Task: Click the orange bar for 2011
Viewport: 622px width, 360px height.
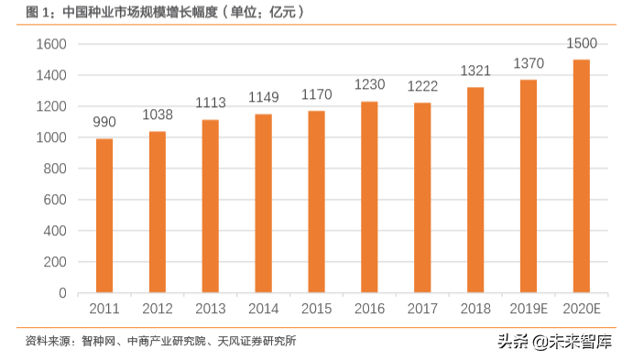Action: (x=104, y=216)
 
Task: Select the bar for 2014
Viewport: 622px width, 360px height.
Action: (x=264, y=203)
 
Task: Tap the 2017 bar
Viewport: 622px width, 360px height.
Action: (x=422, y=198)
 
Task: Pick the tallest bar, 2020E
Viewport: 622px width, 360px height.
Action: (x=582, y=176)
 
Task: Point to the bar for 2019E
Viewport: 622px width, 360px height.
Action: (x=529, y=186)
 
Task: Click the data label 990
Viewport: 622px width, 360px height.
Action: (x=104, y=124)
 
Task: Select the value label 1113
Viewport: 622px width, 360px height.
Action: (x=211, y=104)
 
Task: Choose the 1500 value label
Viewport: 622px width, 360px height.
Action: (x=582, y=44)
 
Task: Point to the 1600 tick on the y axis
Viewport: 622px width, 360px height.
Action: (x=51, y=44)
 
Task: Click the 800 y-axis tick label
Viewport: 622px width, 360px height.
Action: (x=55, y=169)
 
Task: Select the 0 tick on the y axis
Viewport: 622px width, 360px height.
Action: (x=62, y=293)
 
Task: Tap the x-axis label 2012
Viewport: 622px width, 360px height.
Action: (x=158, y=309)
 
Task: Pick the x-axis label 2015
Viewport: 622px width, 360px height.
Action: (x=317, y=309)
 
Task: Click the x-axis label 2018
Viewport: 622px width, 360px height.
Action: (x=475, y=309)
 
